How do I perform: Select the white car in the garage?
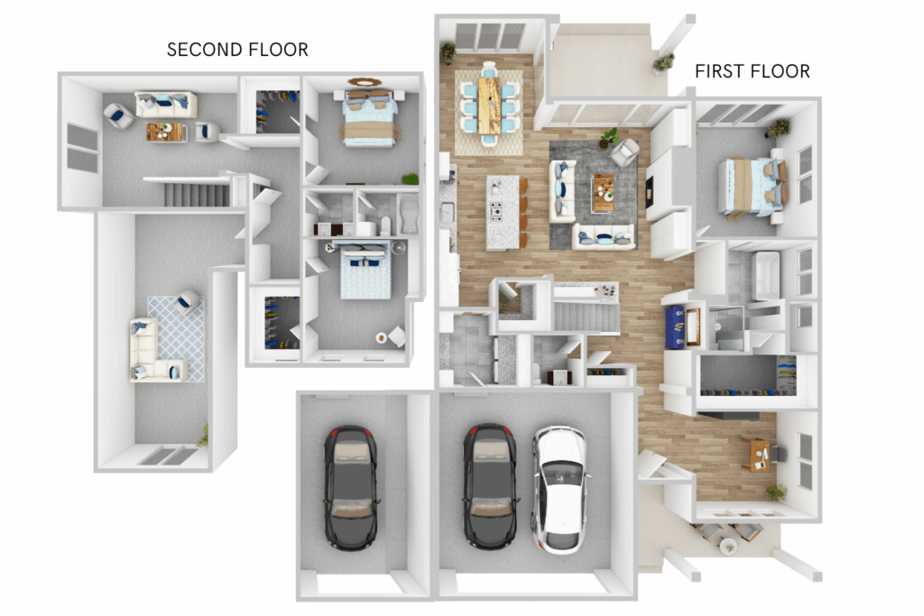click(x=559, y=489)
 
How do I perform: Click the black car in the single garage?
click(x=351, y=488)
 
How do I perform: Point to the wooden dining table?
click(x=489, y=105)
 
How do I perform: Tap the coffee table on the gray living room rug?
click(x=603, y=193)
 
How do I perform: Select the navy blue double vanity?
click(x=675, y=326)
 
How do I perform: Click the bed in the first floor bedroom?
click(x=753, y=188)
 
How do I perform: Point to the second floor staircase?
click(x=196, y=194)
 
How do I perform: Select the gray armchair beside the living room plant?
click(x=624, y=152)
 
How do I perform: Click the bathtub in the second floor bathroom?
click(x=409, y=214)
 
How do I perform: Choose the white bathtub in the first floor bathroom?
click(x=765, y=275)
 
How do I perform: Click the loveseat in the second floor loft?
click(x=166, y=105)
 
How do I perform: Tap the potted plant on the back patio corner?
click(x=663, y=62)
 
